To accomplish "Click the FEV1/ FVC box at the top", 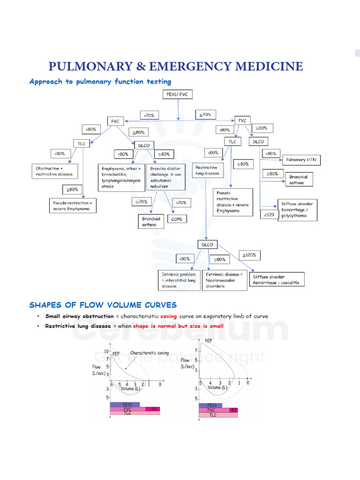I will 177,95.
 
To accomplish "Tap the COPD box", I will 176,219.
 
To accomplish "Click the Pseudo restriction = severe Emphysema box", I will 72,206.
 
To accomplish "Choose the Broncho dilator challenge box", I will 166,177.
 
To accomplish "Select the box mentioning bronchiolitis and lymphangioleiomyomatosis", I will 121,177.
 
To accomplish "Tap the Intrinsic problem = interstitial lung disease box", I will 180,280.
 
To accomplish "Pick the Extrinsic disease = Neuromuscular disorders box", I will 225,280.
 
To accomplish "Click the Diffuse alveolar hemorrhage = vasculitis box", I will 277,280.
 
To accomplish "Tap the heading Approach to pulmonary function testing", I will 100,82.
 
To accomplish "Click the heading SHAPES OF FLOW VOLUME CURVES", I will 103,305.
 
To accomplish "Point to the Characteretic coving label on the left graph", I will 150,353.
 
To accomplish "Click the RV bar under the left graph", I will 153,409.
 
